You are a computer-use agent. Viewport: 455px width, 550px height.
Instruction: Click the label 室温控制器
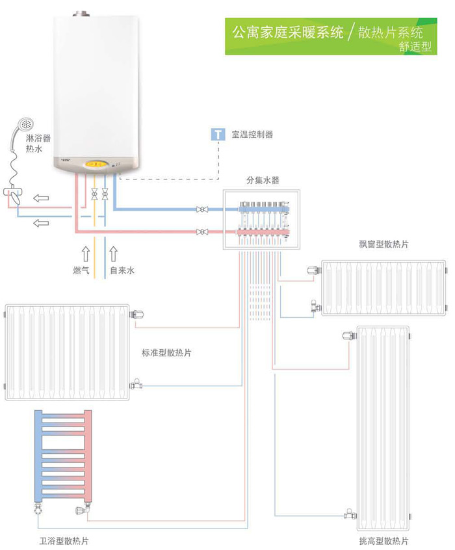pos(251,135)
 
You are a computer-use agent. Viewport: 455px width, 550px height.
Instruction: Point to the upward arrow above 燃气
pos(84,252)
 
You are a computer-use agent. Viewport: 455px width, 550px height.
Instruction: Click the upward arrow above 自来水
pos(114,252)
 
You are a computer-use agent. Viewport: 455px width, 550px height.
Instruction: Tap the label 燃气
pos(81,270)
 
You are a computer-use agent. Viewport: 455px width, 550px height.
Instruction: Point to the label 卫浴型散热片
pos(64,540)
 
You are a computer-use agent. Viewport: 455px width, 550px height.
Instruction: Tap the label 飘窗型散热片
pos(383,244)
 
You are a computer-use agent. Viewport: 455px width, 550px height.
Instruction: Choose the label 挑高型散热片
pos(383,541)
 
